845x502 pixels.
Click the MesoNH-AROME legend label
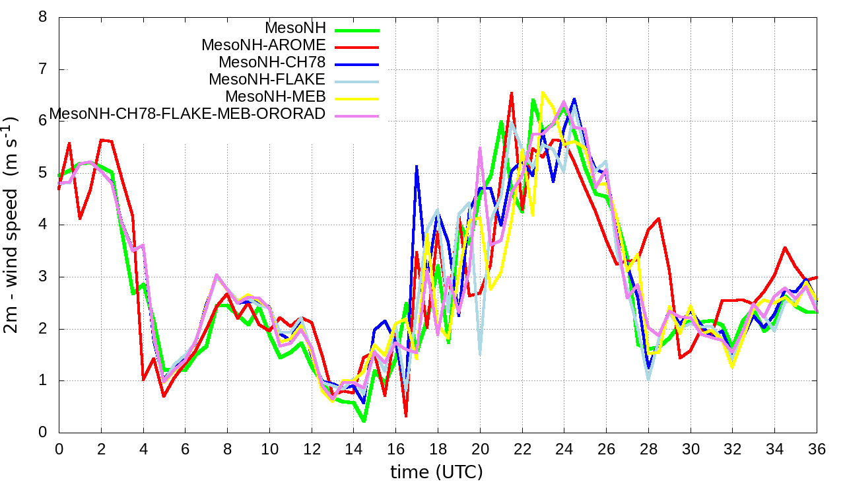pos(263,46)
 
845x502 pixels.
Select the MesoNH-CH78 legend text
pos(272,63)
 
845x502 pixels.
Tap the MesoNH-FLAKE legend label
pos(267,80)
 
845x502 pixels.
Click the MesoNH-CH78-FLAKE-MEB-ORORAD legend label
pos(187,114)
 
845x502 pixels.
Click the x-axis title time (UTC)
pos(436,472)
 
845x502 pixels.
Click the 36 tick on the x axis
pos(817,448)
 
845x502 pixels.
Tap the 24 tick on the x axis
pos(564,448)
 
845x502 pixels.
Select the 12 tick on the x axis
pos(311,448)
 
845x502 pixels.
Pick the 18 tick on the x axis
pos(438,448)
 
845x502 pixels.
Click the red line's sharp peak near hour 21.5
pos(512,93)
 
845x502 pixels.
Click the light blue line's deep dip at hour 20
pos(480,354)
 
